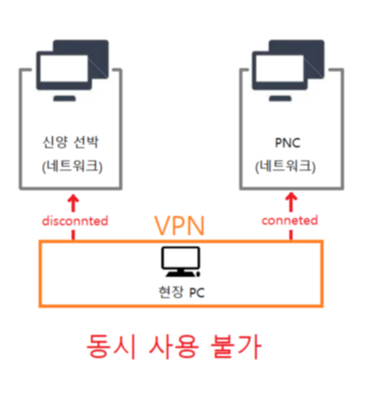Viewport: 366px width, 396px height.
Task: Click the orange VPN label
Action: [179, 226]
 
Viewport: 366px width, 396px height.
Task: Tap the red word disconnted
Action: [75, 221]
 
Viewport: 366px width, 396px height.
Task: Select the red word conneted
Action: [289, 220]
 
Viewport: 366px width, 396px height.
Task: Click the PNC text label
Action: [287, 143]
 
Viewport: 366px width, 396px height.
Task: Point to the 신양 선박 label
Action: [71, 142]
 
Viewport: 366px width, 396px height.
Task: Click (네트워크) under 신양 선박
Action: [72, 166]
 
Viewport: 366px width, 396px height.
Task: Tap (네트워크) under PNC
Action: [285, 166]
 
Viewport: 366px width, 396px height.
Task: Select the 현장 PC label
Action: [182, 292]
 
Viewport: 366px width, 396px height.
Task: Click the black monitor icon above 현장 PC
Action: [180, 261]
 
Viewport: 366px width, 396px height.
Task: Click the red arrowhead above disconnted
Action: [73, 199]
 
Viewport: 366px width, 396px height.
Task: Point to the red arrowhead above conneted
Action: [291, 198]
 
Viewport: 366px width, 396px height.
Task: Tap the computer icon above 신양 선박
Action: [72, 71]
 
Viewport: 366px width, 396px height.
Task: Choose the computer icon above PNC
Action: [288, 71]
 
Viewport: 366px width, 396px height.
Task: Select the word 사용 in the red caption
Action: [173, 346]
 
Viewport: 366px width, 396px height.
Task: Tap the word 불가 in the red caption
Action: [236, 346]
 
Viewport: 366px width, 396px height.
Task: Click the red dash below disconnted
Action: [73, 235]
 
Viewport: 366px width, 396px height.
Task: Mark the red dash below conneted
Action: [291, 234]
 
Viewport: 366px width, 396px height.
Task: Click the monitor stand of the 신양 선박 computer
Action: [65, 98]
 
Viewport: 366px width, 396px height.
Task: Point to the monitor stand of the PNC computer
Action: [280, 98]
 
